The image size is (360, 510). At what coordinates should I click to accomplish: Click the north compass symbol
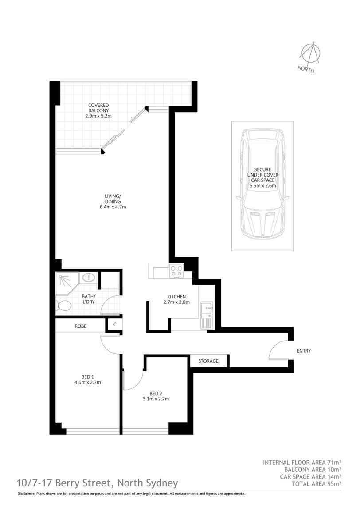click(x=309, y=54)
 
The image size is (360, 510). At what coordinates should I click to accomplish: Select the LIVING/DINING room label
click(x=110, y=201)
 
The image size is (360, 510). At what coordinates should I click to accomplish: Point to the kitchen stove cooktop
click(x=176, y=271)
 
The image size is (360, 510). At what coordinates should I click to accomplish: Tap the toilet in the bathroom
click(x=64, y=306)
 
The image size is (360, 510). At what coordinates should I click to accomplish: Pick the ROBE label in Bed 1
click(x=80, y=326)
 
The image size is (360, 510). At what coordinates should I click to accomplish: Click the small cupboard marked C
click(x=114, y=325)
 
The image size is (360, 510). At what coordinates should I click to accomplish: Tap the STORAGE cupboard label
click(x=208, y=361)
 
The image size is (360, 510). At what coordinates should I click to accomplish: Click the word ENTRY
click(x=304, y=351)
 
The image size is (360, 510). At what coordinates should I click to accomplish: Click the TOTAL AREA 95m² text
click(x=316, y=484)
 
